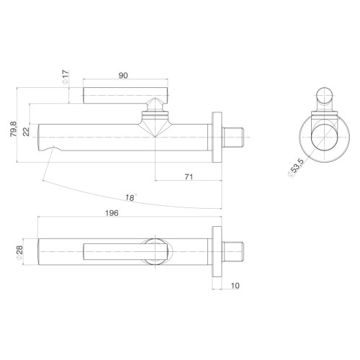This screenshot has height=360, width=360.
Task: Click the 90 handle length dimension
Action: tap(123, 76)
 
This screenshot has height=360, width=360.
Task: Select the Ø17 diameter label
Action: tap(66, 77)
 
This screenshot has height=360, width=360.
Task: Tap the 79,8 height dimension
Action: tap(13, 129)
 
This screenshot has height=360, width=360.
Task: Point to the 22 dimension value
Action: tap(26, 132)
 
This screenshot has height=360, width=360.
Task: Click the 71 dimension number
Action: tap(189, 177)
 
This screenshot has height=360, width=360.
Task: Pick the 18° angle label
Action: tap(130, 197)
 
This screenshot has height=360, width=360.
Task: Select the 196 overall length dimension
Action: tap(112, 213)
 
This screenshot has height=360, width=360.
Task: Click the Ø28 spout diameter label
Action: tap(19, 252)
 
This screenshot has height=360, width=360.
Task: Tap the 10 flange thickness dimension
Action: tap(235, 286)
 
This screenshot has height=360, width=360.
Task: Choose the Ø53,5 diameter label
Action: tap(296, 168)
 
